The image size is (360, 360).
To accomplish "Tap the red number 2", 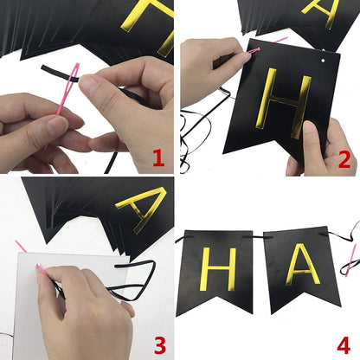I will point(344,158).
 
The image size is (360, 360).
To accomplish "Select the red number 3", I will point(159,345).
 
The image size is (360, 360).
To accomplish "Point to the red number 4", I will point(343,345).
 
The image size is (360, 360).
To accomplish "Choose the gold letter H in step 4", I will point(216,267).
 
